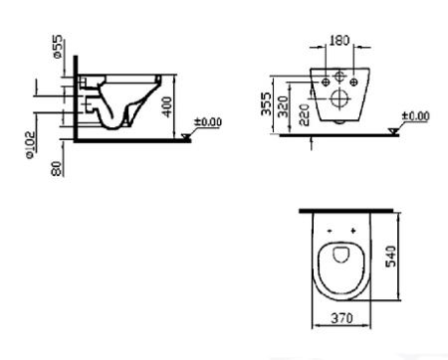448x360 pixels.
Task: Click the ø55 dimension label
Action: [58, 47]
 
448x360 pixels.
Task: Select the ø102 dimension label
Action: [30, 145]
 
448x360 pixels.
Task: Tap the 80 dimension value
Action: [57, 168]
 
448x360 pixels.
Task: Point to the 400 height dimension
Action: [167, 106]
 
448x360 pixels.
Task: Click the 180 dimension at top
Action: [339, 41]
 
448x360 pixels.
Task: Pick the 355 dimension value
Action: [267, 103]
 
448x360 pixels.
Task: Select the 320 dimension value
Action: [283, 106]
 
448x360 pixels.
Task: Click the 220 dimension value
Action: [305, 114]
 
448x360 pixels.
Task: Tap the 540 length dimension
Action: [391, 256]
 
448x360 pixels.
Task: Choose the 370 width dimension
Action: [341, 318]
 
